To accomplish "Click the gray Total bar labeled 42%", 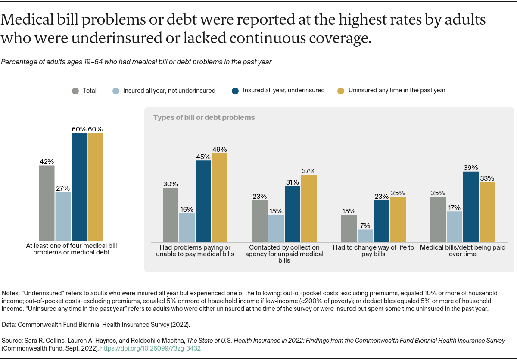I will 47,203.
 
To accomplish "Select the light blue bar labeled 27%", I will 63,216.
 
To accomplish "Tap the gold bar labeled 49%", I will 219,197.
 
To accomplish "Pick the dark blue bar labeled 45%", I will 203,201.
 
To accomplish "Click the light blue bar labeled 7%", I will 365,235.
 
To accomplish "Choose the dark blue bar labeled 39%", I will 471,207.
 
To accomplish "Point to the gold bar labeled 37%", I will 308,208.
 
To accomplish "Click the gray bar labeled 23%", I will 260,221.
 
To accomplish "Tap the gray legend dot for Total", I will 75,91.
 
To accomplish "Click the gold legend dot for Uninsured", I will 341,91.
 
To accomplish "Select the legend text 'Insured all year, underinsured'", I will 283,91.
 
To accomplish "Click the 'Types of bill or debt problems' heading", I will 204,117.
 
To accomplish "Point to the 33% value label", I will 487,178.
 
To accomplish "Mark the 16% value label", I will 187,209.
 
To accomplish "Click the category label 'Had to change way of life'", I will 373,251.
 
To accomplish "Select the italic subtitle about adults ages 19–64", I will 136,62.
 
